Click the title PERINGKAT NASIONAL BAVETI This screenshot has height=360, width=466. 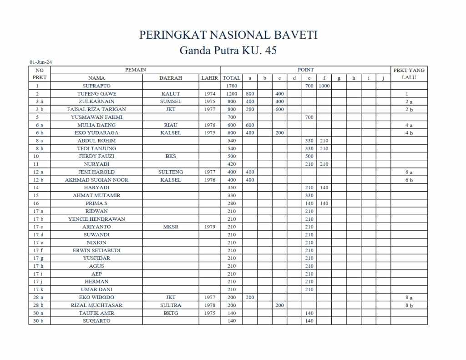point(228,35)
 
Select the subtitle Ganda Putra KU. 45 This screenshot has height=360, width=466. point(228,50)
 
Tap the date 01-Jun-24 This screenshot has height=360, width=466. point(41,62)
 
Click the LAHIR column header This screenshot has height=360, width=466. point(209,78)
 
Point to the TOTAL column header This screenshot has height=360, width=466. point(231,78)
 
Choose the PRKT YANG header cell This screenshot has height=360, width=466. point(409,70)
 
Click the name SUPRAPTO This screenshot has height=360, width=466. point(96,86)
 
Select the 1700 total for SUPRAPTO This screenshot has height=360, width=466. point(231,86)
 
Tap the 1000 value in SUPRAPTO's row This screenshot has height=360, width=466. point(324,86)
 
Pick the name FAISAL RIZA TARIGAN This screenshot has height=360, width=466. point(96,109)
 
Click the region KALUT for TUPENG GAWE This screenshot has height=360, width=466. point(171,94)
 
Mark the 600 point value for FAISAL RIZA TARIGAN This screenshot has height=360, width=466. point(279,109)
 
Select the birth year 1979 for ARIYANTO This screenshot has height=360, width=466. point(209,227)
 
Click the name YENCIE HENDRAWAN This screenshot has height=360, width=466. point(96,219)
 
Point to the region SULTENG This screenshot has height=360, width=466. point(171,172)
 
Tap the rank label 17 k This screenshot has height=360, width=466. point(40,289)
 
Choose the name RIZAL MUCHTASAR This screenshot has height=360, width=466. point(96,305)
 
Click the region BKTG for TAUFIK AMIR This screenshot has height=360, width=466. point(171,313)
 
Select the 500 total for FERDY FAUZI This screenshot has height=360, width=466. point(231,156)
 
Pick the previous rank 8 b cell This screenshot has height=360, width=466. point(409,305)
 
